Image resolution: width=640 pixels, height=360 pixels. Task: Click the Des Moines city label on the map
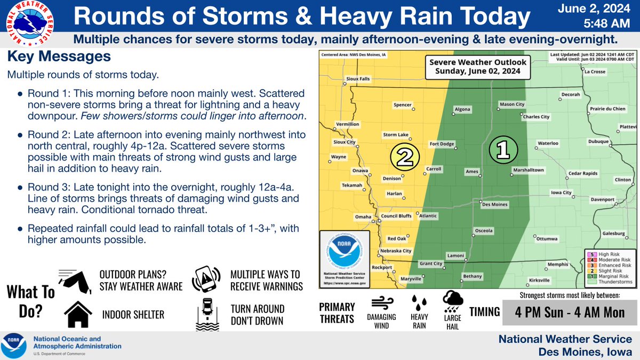pos(493,204)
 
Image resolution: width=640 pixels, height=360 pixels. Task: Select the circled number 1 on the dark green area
pos(502,149)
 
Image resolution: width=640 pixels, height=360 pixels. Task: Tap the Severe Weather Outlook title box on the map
pos(478,66)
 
